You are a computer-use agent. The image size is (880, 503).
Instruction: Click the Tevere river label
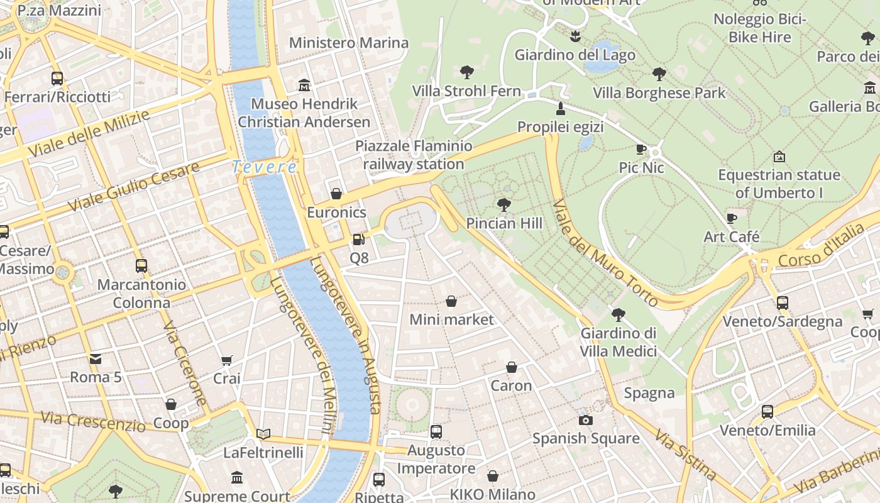265,167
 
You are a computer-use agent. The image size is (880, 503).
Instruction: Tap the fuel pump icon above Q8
358,240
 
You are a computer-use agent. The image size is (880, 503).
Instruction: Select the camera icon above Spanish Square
586,420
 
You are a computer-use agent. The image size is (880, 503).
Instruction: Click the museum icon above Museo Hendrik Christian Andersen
305,85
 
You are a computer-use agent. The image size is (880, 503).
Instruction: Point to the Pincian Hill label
504,223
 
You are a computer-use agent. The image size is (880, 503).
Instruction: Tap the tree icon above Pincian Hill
503,204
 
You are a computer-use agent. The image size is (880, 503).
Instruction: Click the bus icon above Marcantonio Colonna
141,266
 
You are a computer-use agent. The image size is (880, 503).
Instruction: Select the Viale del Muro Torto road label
605,253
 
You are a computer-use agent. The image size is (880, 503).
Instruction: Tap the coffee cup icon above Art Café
732,218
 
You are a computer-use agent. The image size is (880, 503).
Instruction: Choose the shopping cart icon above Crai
227,360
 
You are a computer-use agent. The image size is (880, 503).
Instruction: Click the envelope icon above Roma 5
96,359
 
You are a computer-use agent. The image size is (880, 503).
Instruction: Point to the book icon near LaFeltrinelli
263,434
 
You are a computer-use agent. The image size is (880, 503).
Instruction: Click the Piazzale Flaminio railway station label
414,155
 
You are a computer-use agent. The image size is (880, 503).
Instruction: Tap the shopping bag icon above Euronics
336,194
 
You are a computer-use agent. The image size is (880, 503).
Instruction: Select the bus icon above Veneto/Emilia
767,412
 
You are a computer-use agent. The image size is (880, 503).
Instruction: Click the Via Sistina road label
685,454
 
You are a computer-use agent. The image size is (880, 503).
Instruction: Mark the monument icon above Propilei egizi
561,108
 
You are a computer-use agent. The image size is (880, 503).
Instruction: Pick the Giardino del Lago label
575,55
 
